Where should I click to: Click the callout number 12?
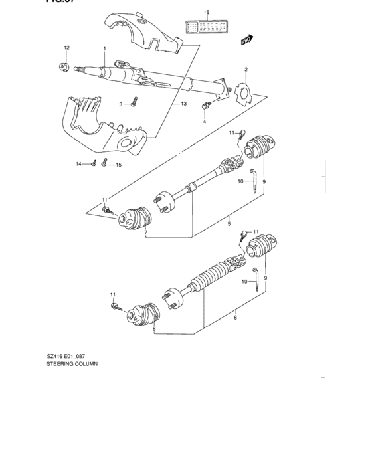pyautogui.click(x=66, y=48)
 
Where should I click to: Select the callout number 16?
pyautogui.click(x=206, y=12)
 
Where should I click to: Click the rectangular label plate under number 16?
pyautogui.click(x=206, y=27)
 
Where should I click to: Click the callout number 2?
pyautogui.click(x=245, y=69)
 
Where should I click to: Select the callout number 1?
pyautogui.click(x=104, y=49)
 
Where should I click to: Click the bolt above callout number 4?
pyautogui.click(x=207, y=105)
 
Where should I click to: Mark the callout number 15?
pyautogui.click(x=119, y=165)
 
